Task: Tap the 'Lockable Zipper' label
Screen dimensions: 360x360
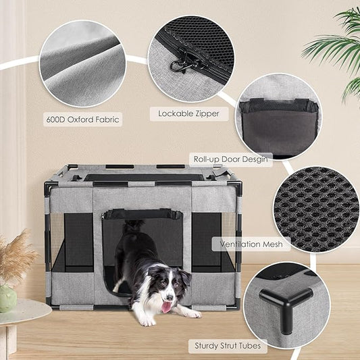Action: (x=188, y=113)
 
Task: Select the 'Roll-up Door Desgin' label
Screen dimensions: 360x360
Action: (x=231, y=159)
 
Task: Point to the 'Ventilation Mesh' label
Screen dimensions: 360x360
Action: (x=251, y=243)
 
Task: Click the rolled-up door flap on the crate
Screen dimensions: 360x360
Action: (x=143, y=214)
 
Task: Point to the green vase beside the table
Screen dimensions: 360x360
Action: (x=7, y=298)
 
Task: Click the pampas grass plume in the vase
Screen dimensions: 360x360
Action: (x=15, y=257)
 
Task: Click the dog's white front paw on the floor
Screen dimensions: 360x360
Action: (x=190, y=313)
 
